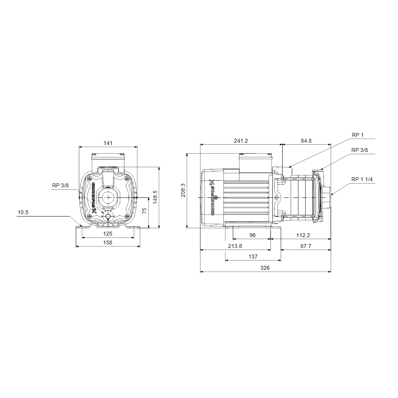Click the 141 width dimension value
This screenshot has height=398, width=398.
108,143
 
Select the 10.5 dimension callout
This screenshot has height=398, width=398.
23,213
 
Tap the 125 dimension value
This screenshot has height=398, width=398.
108,234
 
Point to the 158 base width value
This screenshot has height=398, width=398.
108,243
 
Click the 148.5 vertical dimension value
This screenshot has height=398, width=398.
155,197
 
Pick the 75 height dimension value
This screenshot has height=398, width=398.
144,211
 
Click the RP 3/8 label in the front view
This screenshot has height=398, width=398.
60,185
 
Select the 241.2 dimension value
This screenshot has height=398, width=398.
241,141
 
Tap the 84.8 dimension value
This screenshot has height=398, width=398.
306,141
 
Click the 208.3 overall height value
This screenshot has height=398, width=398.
183,190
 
